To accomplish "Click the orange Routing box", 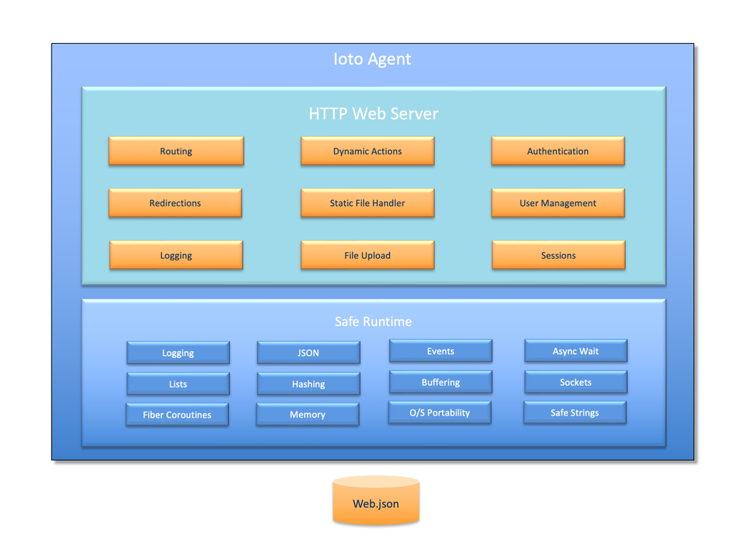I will click(176, 151).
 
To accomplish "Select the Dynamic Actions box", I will click(367, 151).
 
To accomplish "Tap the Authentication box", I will click(558, 151).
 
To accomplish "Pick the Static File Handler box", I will click(367, 203).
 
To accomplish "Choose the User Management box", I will click(558, 203).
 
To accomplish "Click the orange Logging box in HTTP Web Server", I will click(176, 255).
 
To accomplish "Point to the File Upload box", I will click(367, 255).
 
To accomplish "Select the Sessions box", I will click(558, 255).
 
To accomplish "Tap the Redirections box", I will click(175, 203).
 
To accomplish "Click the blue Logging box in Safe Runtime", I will click(178, 353).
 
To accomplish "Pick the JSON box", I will click(308, 353).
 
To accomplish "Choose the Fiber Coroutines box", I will click(177, 415).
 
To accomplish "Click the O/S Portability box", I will click(439, 413).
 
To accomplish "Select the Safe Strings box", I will click(574, 413).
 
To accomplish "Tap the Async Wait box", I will click(575, 351).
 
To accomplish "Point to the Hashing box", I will click(308, 384).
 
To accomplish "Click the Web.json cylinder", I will click(376, 502).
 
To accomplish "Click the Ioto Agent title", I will click(372, 59).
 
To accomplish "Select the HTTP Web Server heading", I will click(373, 113).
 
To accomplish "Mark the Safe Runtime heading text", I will click(373, 321).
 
